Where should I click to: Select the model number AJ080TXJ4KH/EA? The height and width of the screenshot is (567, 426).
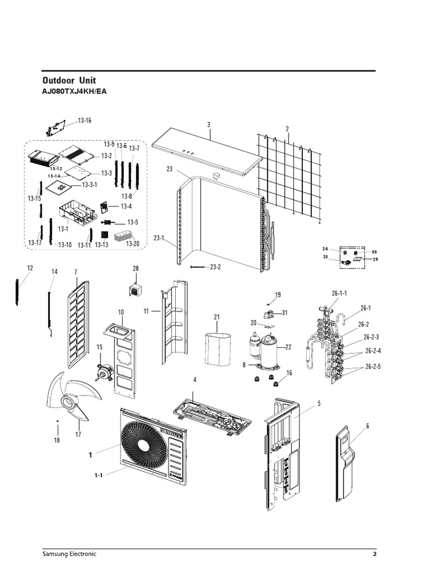tap(74, 91)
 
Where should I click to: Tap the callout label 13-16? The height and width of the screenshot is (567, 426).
tap(85, 120)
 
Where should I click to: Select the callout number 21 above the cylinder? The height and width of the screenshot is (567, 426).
tap(217, 317)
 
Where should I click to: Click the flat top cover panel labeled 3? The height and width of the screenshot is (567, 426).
tap(206, 151)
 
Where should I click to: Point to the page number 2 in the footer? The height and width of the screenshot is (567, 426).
tap(375, 554)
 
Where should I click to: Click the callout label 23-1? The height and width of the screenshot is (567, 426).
tap(159, 238)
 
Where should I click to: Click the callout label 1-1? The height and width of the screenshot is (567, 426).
tap(98, 475)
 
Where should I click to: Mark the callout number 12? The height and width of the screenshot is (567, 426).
tap(29, 268)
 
